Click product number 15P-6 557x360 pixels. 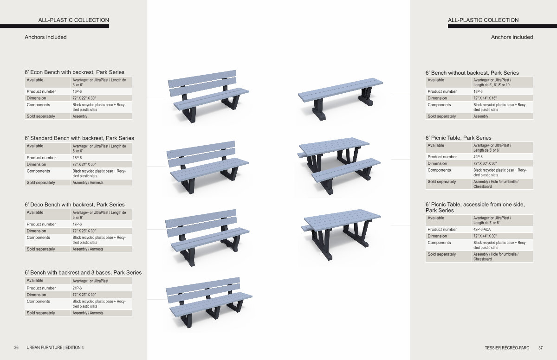[77, 91]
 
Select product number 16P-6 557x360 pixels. [77, 158]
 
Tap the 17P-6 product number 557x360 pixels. [77, 224]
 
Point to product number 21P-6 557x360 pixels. [77, 288]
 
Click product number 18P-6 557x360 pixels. [478, 91]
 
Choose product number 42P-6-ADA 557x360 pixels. [482, 230]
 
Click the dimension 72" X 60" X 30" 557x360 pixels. [485, 163]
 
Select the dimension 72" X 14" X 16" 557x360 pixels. [485, 98]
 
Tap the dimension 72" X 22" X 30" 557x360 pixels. [84, 98]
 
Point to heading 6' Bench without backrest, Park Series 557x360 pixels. [472, 73]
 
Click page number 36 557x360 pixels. [16, 347]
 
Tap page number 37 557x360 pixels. [541, 348]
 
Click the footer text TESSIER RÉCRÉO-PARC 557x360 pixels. [507, 348]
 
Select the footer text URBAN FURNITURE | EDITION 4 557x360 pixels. [55, 347]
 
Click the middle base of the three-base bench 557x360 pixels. [214, 310]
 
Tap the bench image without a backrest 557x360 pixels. [340, 99]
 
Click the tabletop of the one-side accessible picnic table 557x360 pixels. [343, 219]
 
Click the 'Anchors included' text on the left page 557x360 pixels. [45, 37]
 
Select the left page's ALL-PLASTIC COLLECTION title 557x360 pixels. [74, 20]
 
